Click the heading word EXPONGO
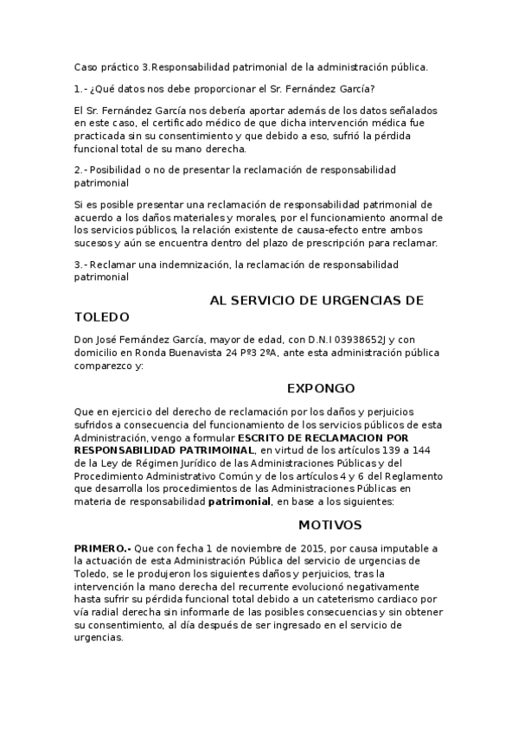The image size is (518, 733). click(320, 388)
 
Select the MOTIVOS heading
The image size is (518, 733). click(329, 525)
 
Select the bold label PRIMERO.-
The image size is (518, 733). click(103, 549)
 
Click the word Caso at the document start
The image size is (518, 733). click(86, 67)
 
